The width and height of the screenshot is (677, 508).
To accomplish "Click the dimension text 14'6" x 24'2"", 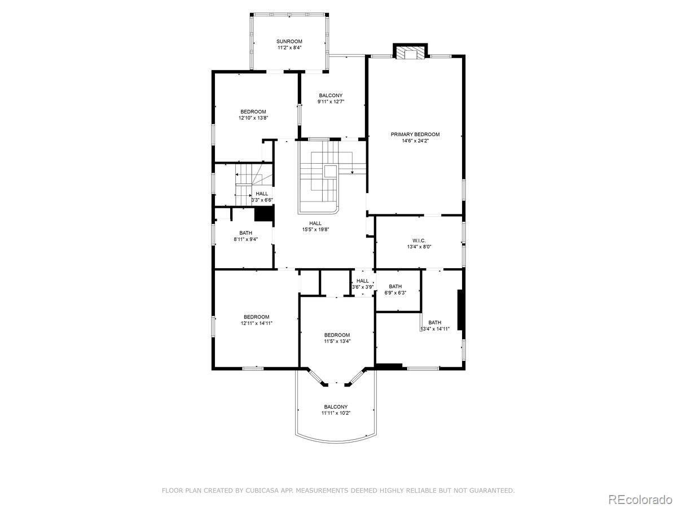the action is click(415, 141).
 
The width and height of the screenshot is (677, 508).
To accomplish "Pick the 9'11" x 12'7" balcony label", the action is click(331, 99).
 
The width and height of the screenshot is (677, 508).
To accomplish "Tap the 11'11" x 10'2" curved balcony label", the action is click(336, 410).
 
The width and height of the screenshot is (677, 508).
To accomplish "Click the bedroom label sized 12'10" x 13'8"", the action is click(253, 115).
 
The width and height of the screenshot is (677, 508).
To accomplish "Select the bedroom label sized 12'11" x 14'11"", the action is click(256, 320).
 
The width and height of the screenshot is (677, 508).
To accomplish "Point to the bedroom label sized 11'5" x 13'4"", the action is click(337, 338).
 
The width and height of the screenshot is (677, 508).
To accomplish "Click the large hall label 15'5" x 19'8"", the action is click(315, 226).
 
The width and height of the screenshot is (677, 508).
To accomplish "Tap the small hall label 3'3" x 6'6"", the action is click(262, 197).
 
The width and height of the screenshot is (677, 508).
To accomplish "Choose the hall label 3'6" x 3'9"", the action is click(363, 284).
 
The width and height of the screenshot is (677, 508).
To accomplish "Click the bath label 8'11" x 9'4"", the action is click(245, 236).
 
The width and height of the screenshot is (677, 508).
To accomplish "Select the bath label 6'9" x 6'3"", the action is click(395, 290).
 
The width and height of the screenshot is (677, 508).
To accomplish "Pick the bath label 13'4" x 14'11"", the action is click(435, 326).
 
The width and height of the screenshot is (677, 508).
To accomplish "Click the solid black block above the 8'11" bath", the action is click(265, 214).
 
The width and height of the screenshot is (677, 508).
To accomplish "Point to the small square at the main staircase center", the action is click(331, 171).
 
